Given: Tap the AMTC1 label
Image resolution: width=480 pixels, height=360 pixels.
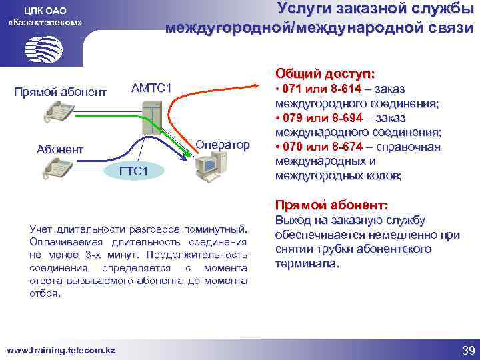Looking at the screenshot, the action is [151, 88].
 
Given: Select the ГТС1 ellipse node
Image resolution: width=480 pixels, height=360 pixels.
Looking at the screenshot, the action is [133, 171].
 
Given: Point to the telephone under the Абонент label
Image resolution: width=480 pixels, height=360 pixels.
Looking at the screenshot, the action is [59, 170].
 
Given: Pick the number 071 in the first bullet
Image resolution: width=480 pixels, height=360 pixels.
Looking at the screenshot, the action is [293, 89].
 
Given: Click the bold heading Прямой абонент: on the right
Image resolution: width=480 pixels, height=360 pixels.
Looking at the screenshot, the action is [331, 205].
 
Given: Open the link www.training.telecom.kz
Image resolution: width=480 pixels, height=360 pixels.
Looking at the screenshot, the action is [61, 350].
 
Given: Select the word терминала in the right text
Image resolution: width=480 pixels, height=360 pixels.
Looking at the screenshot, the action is [306, 264].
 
